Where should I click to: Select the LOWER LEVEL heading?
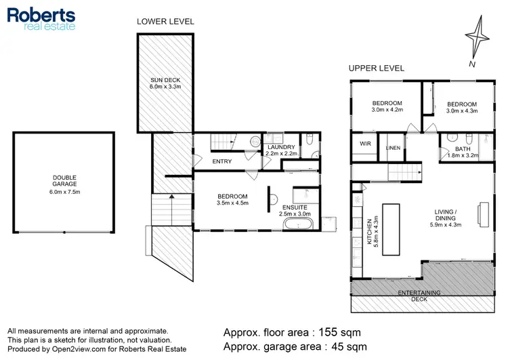pyautogui.click(x=165, y=21)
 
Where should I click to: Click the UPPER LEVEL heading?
pyautogui.click(x=376, y=68)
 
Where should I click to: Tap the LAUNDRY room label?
pyautogui.click(x=280, y=147)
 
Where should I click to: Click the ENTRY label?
pyautogui.click(x=222, y=161)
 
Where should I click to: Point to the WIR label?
pyautogui.click(x=365, y=144)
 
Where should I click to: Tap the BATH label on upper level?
pyautogui.click(x=463, y=149)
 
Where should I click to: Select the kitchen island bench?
pyautogui.click(x=391, y=228)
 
